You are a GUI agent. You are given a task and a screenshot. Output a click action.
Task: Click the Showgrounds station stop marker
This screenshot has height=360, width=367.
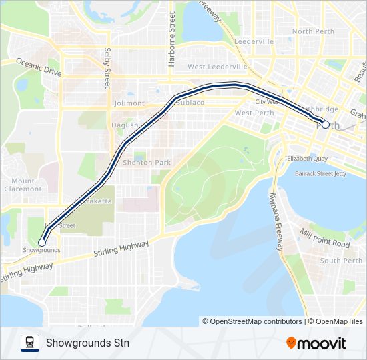tap(42, 243)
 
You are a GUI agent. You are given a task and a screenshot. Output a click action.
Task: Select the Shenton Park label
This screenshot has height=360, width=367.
tap(148, 163)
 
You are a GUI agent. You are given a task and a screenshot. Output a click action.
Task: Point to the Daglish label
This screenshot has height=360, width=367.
tap(125, 125)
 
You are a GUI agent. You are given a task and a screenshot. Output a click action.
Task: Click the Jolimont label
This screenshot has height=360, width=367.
tap(129, 103)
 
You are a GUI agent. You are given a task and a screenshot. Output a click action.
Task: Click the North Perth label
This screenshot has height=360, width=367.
tap(312, 31)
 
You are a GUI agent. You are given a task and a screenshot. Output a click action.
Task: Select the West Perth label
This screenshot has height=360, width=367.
tap(254, 113)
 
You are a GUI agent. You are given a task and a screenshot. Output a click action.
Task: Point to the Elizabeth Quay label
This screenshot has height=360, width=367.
tap(307, 159)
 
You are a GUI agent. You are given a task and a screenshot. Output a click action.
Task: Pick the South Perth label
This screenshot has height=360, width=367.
tap(340, 261)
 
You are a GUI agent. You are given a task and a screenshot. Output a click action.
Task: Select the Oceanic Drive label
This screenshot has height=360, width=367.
tap(39, 68)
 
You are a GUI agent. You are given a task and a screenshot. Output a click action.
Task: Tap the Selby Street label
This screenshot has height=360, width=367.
tap(107, 68)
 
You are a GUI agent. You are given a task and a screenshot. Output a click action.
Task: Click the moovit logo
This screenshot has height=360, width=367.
tap(316, 343)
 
